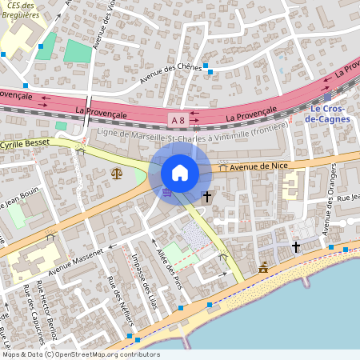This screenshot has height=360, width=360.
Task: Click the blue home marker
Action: (x=180, y=173)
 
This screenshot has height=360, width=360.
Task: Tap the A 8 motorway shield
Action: (x=177, y=120)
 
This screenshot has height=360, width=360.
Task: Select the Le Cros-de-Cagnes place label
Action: (x=329, y=114)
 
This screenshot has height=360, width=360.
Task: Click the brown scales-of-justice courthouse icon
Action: (x=118, y=172)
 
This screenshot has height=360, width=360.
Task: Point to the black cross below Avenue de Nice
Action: (x=206, y=196)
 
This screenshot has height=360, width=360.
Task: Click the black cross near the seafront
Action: (x=295, y=248)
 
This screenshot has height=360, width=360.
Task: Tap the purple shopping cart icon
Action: (x=166, y=192)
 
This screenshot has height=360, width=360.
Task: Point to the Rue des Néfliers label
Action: (x=120, y=301)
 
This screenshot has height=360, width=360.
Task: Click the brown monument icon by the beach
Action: (x=264, y=268)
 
